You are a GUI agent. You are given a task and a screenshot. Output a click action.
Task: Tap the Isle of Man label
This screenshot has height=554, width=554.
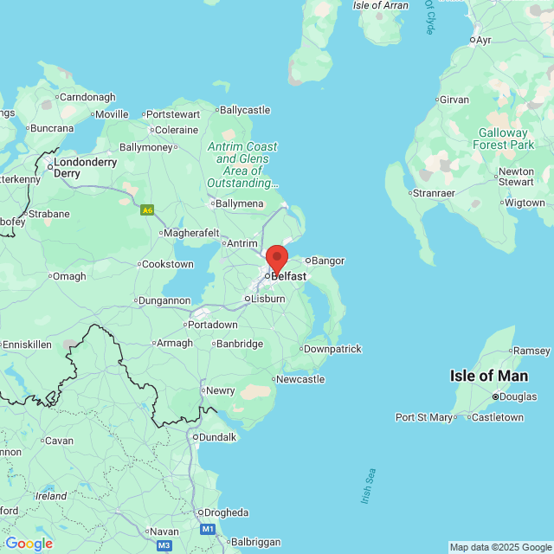(488, 376)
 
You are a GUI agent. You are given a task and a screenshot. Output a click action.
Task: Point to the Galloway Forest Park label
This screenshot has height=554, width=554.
(501, 138)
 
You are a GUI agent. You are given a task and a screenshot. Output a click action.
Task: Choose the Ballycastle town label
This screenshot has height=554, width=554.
(245, 110)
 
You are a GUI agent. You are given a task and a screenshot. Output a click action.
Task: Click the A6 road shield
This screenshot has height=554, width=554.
(148, 209)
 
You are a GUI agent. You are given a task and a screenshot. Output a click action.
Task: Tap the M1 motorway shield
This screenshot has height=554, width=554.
(208, 528)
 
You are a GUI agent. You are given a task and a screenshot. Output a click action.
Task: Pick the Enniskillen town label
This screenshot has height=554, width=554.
(27, 344)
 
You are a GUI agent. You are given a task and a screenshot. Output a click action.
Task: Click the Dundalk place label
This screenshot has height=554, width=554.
(217, 437)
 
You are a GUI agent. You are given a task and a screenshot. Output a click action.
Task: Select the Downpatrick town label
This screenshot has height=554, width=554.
(332, 349)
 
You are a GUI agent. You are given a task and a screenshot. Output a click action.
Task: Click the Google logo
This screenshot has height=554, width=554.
(29, 544)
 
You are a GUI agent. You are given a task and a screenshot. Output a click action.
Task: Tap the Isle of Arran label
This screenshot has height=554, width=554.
(381, 5)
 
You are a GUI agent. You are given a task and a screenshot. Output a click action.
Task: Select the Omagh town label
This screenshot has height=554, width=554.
(69, 276)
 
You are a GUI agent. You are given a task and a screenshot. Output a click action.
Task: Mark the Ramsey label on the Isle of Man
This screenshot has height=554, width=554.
(531, 351)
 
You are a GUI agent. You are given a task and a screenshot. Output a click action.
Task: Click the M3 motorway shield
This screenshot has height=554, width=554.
(164, 545)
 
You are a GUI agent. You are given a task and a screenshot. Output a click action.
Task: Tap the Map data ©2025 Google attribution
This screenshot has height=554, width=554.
(500, 547)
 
